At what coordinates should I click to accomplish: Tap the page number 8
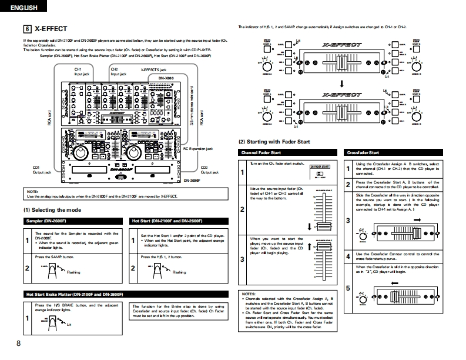(x=19, y=344)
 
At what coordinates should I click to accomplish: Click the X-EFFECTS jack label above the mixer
(x=153, y=69)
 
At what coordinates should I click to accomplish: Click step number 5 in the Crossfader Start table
(x=348, y=288)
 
